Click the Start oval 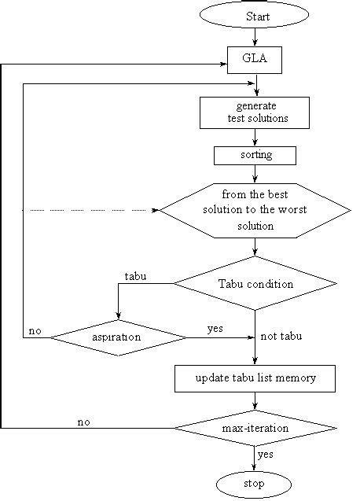point(254,17)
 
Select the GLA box point(254,59)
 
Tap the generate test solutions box point(254,112)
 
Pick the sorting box point(255,155)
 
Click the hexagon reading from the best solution point(255,210)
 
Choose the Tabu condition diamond point(255,284)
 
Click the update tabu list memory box point(255,378)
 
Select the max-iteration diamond point(255,428)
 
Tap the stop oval point(254,482)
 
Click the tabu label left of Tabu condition point(136,276)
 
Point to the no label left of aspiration point(35,331)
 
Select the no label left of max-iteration point(83,422)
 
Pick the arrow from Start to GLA point(254,37)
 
